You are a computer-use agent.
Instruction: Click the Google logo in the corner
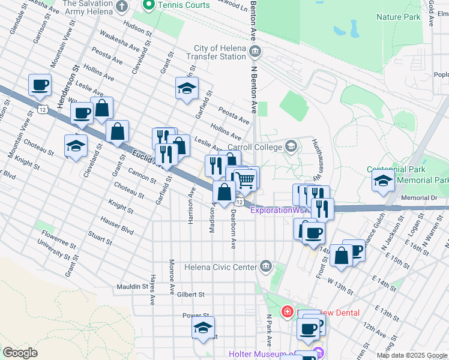click(20, 353)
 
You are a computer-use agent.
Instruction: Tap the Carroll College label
click(255, 147)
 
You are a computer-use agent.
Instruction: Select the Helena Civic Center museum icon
click(266, 266)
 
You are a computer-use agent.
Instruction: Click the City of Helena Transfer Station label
click(220, 53)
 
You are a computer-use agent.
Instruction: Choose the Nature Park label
click(399, 17)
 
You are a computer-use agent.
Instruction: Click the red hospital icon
click(287, 313)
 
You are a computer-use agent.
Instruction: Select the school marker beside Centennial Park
click(383, 181)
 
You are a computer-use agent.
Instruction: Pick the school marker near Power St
click(203, 328)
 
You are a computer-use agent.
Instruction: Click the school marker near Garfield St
click(187, 88)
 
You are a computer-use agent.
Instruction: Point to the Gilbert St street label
click(191, 295)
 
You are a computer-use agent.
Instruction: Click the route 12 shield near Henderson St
click(41, 109)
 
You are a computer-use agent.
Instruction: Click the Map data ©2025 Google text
click(412, 355)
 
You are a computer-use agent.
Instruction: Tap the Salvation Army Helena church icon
click(122, 7)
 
